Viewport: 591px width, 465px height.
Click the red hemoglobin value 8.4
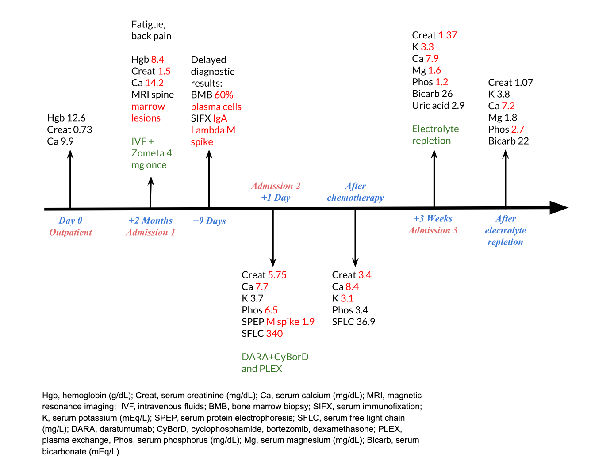pos(157,60)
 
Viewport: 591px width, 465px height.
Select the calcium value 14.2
pos(154,83)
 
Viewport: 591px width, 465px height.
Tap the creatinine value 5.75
pos(277,275)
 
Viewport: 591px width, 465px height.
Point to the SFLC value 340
pos(274,334)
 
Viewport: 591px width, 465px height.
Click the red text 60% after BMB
pos(224,95)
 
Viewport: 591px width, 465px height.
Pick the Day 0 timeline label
pos(70,221)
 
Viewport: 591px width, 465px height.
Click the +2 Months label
pos(150,221)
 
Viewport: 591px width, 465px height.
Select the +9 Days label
pos(209,221)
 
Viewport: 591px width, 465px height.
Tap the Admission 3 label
pos(433,230)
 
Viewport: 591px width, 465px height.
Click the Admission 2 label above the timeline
pos(276,186)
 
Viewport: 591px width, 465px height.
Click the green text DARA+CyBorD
pos(275,357)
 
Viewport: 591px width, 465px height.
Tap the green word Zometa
pos(148,153)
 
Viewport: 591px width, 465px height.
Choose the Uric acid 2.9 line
pos(438,106)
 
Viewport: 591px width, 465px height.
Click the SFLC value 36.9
pos(365,322)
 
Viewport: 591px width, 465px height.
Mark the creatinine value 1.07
pos(524,83)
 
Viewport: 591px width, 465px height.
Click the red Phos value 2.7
pos(518,130)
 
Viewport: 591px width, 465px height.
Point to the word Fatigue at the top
pos(148,25)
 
